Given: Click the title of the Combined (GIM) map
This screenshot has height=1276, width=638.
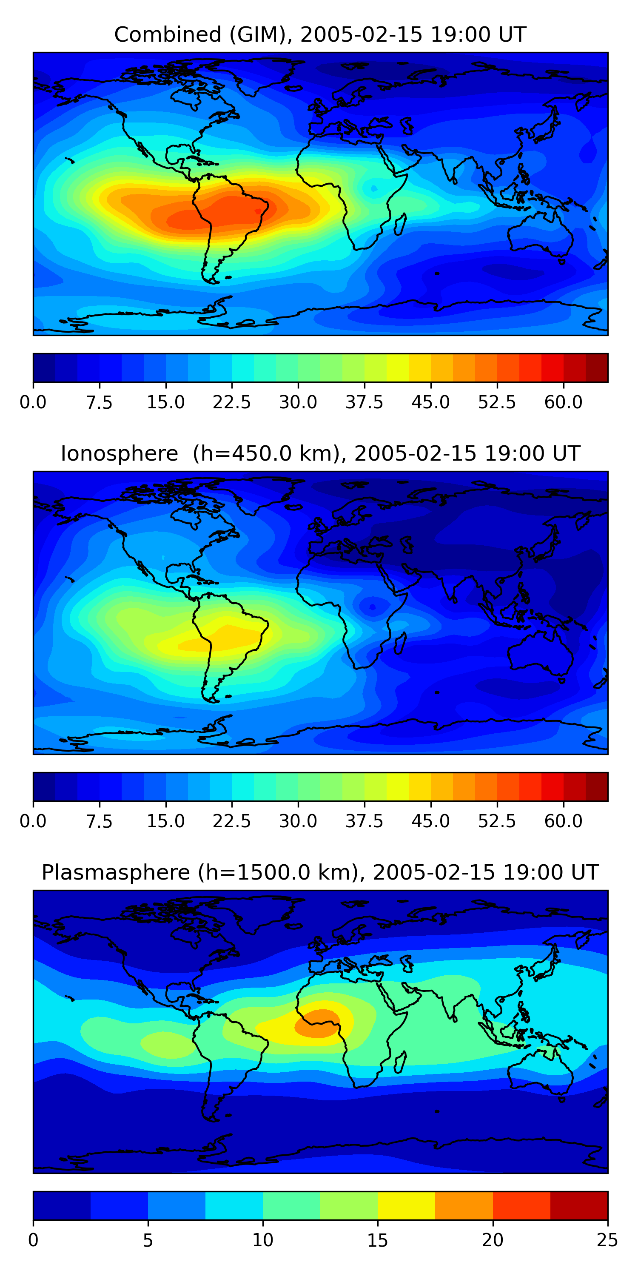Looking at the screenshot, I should pyautogui.click(x=320, y=35).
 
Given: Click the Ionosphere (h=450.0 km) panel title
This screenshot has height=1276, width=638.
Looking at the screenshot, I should pyautogui.click(x=320, y=454).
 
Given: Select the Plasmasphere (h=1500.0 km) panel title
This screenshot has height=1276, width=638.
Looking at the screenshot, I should pyautogui.click(x=320, y=872).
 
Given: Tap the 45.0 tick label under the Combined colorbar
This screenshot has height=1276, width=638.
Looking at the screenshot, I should pyautogui.click(x=430, y=402).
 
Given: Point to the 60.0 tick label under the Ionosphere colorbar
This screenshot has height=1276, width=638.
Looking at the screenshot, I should pyautogui.click(x=563, y=821).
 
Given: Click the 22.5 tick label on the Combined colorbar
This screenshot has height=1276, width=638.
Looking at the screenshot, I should pyautogui.click(x=232, y=402).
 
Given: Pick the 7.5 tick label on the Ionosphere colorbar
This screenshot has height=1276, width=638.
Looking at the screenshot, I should pyautogui.click(x=100, y=821).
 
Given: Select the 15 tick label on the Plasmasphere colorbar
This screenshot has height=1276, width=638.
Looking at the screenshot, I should pyautogui.click(x=377, y=1240).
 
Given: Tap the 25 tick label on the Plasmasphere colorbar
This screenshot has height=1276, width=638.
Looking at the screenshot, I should pyautogui.click(x=607, y=1240).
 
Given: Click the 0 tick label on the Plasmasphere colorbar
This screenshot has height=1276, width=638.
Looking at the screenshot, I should pyautogui.click(x=33, y=1240).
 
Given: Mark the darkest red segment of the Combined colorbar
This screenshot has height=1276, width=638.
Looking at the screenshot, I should pyautogui.click(x=596, y=368).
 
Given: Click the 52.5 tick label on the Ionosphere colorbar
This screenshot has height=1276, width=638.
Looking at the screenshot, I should pyautogui.click(x=497, y=821).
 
